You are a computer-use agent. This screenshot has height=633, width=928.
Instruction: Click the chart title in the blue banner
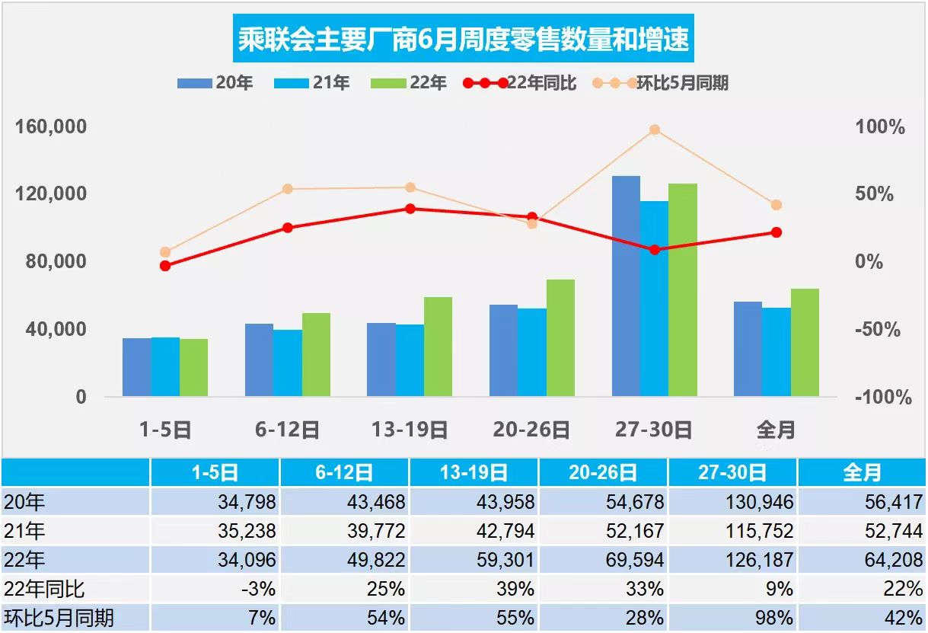click(464, 39)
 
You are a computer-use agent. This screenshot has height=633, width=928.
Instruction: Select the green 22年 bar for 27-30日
click(683, 289)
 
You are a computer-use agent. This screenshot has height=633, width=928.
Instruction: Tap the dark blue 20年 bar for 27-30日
click(626, 286)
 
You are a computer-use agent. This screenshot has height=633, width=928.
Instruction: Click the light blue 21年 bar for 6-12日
click(288, 363)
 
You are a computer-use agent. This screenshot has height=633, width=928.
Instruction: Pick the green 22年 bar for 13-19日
click(438, 347)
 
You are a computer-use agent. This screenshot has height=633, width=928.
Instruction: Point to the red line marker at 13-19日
click(410, 209)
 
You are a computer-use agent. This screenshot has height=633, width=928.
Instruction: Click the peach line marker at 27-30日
click(654, 130)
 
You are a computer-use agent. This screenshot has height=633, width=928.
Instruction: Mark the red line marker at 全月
click(777, 232)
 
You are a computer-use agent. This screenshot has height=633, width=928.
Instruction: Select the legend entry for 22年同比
click(521, 83)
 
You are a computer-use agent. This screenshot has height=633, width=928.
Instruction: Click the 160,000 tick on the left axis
click(52, 126)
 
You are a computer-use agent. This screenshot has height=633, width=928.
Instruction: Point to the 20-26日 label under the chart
click(531, 430)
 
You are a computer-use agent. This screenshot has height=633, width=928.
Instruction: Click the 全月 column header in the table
click(862, 473)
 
